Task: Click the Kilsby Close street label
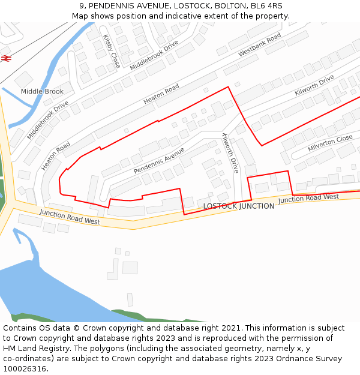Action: click(x=112, y=51)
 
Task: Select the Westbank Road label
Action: click(x=259, y=45)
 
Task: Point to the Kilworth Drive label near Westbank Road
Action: click(x=314, y=86)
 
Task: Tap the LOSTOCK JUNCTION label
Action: click(x=239, y=206)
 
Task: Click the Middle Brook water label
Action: click(x=42, y=91)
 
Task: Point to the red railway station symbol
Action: click(x=7, y=58)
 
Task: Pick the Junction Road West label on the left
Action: click(x=70, y=217)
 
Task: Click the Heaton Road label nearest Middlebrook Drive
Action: click(x=56, y=156)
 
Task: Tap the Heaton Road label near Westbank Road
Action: click(x=161, y=95)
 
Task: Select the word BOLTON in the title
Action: click(x=230, y=5)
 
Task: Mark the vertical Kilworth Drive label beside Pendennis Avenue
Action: click(x=231, y=153)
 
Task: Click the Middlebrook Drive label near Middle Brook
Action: click(x=48, y=120)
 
